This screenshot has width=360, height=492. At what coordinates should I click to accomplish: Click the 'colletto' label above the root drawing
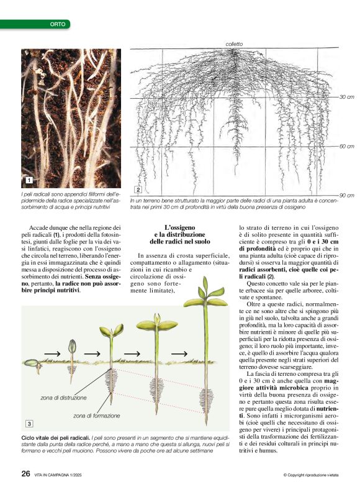point(235,44)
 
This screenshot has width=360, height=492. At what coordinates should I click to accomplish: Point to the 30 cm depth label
point(346,98)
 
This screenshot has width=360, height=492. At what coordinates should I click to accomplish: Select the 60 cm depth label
point(346,147)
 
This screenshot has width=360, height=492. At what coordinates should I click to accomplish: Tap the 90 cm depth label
point(346,195)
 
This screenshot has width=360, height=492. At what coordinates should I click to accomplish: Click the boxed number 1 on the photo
point(29,180)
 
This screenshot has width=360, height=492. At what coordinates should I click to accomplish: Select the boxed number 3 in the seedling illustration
point(29,406)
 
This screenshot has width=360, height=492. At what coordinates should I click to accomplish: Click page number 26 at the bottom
point(26,473)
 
